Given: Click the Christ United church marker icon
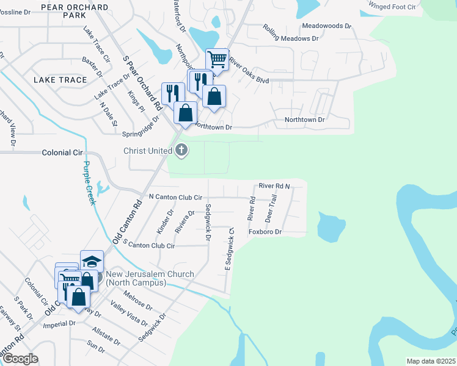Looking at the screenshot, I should pos(181,150).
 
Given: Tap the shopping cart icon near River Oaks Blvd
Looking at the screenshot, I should pos(217,60).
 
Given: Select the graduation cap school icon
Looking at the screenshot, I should pos(92,262).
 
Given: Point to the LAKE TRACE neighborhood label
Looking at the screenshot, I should pos(59,80).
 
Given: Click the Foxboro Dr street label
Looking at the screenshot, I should pos(265,232).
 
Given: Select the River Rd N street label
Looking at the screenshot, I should pos(274,185).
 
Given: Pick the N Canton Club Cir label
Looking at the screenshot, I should pos(175,198).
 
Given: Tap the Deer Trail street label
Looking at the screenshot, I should pos(271,208).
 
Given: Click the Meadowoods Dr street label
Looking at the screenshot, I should pos(327,26).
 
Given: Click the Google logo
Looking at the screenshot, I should pos(20,359).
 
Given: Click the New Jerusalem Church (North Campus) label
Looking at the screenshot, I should pos(150,279).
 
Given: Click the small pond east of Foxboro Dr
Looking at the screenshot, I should pos(330,228).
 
